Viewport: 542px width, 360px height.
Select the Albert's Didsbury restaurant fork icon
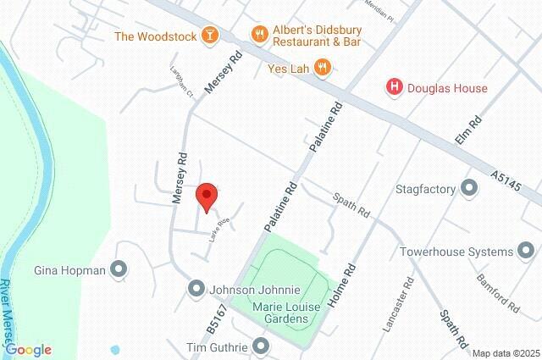pyautogui.click(x=260, y=35)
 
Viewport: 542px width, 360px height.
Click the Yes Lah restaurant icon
pyautogui.click(x=322, y=66)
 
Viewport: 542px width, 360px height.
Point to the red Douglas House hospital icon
pyautogui.click(x=394, y=87)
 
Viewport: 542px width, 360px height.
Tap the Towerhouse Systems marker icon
pyautogui.click(x=527, y=251)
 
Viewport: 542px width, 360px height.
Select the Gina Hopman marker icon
pyautogui.click(x=119, y=270)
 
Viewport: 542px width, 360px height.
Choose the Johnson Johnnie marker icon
pyautogui.click(x=196, y=288)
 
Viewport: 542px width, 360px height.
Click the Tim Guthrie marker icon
pyautogui.click(x=260, y=346)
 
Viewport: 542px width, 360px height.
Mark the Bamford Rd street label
pyautogui.click(x=497, y=291)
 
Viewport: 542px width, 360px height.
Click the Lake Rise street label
pyautogui.click(x=219, y=229)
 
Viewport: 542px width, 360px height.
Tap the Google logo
pyautogui.click(x=28, y=350)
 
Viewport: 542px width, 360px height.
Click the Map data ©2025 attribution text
pyautogui.click(x=506, y=353)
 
